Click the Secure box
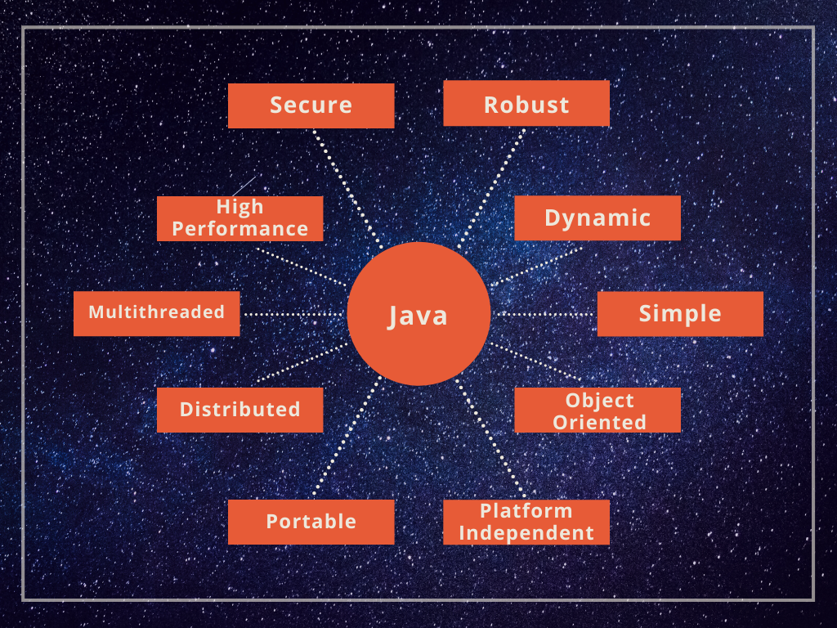[311, 105]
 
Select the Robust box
[526, 104]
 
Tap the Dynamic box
[598, 218]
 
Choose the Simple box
[680, 314]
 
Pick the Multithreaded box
[156, 313]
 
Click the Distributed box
[239, 410]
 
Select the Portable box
[311, 522]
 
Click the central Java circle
[418, 314]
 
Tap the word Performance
[239, 229]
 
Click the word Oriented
[599, 422]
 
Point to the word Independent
[526, 533]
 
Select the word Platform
[526, 511]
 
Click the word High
[239, 207]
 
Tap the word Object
[599, 401]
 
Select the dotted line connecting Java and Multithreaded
[294, 314]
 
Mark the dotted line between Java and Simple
[544, 314]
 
